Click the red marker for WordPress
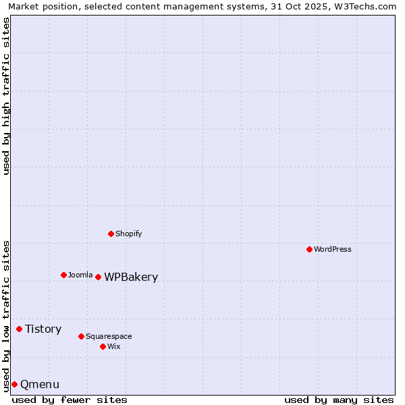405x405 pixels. pyautogui.click(x=309, y=249)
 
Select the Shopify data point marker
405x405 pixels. pyautogui.click(x=111, y=234)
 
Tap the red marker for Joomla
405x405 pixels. pyautogui.click(x=63, y=275)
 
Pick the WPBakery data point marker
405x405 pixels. pyautogui.click(x=98, y=277)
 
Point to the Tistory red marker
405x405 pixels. pyautogui.click(x=19, y=329)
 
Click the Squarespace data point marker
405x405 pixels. pyautogui.click(x=81, y=336)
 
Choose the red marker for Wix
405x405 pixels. pyautogui.click(x=103, y=346)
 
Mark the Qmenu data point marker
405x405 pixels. pyautogui.click(x=14, y=384)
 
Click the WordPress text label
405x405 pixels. pyautogui.click(x=333, y=249)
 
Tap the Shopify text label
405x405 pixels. pyautogui.click(x=128, y=234)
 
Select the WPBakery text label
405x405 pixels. pyautogui.click(x=131, y=277)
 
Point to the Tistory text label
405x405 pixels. pyautogui.click(x=43, y=329)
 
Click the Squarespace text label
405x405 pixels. pyautogui.click(x=109, y=336)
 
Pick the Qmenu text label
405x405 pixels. pyautogui.click(x=40, y=384)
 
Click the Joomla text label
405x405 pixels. pyautogui.click(x=80, y=275)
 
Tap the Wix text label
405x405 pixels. pyautogui.click(x=113, y=346)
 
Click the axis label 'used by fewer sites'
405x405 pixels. pyautogui.click(x=70, y=400)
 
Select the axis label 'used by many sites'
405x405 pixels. pyautogui.click(x=339, y=400)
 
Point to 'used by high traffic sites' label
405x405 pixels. pyautogui.click(x=7, y=96)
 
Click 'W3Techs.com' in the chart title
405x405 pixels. pyautogui.click(x=362, y=6)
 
